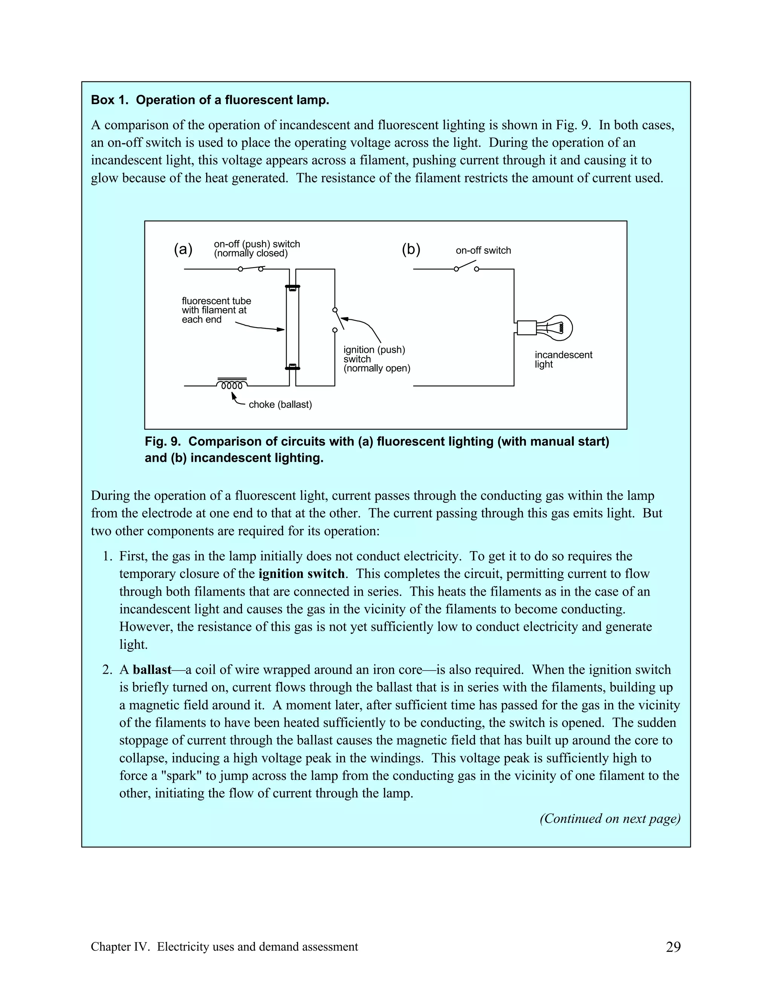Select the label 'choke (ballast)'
[x=280, y=405]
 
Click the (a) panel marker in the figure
[x=183, y=250]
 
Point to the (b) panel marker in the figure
[x=411, y=250]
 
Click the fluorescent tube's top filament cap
[x=292, y=288]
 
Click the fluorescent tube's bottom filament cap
[x=292, y=367]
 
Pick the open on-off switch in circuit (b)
[x=466, y=267]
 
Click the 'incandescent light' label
[x=563, y=360]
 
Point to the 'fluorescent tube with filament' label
[x=216, y=310]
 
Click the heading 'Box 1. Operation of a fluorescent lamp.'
[x=210, y=100]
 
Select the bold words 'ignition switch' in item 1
[x=302, y=574]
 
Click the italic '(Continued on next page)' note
[x=610, y=819]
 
